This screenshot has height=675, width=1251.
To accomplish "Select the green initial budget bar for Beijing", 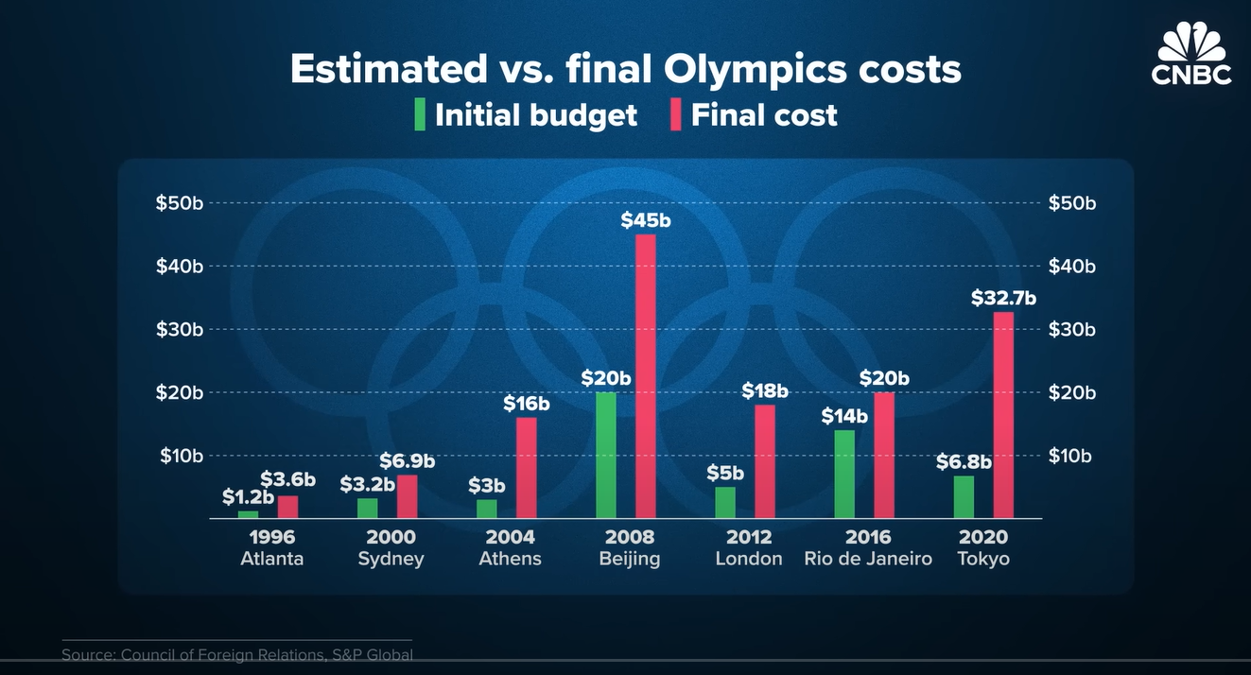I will click(606, 455).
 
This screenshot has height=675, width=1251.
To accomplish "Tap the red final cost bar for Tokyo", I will click(1003, 415).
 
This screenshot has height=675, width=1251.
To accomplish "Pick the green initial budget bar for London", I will click(725, 502).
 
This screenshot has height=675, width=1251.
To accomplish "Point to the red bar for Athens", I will click(526, 468).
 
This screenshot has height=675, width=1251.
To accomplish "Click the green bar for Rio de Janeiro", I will click(844, 474).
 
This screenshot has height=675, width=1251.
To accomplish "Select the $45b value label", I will click(645, 220).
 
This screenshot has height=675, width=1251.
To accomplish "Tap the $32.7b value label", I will click(1003, 299).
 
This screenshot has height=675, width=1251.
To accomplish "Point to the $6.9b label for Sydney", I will click(407, 461).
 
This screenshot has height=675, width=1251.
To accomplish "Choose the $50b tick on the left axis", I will click(180, 203).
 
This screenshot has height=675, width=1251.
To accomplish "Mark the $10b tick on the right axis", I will click(1072, 456).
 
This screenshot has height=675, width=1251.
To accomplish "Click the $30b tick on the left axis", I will click(180, 329).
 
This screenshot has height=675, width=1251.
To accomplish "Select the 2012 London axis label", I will click(749, 547).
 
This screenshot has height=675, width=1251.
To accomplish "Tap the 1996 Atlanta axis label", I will click(272, 547).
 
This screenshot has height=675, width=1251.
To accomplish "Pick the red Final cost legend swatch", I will click(675, 114).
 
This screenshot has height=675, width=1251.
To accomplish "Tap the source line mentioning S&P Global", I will click(237, 654).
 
